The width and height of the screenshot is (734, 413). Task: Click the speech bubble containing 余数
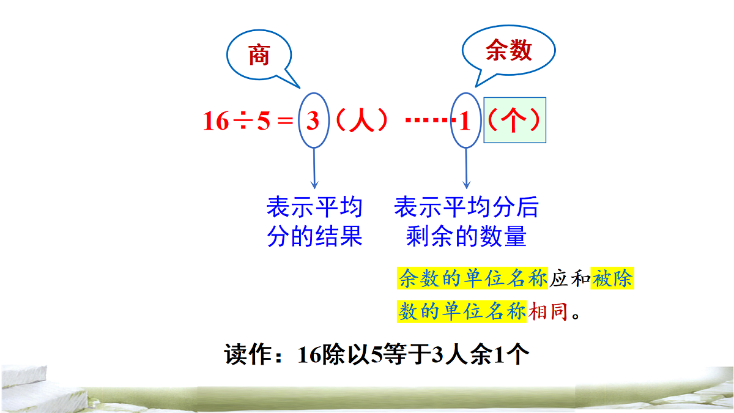[x=508, y=51]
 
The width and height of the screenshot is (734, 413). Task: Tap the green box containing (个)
[x=514, y=121]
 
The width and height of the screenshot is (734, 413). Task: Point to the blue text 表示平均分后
[x=466, y=208]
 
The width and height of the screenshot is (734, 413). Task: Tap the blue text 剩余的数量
[x=466, y=237]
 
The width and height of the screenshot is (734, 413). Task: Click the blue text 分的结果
[x=314, y=237]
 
